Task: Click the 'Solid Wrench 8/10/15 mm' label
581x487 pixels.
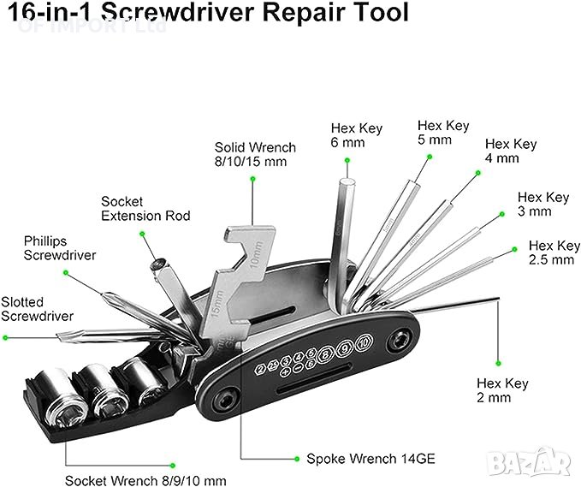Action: pos(255,154)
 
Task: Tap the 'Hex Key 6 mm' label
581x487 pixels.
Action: pos(355,136)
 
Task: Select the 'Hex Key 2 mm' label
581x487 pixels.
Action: pos(504,390)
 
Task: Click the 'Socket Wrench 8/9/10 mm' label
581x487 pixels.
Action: pos(145,480)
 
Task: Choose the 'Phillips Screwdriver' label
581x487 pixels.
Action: pos(60,248)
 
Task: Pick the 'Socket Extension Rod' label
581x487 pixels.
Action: pos(145,208)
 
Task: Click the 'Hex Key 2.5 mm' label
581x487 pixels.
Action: pos(551,252)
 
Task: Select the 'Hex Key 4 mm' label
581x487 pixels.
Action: pos(511,151)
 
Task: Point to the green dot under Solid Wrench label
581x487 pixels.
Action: pos(253,178)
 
